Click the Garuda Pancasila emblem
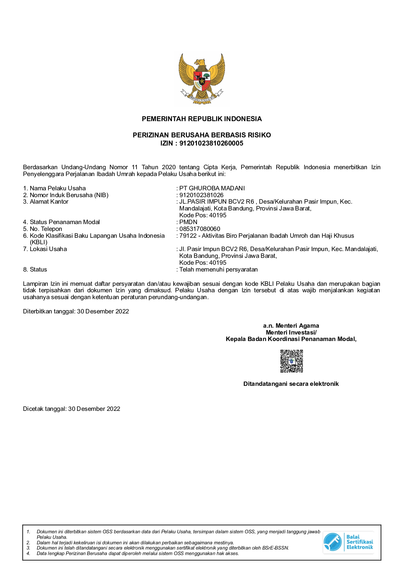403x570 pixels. pos(201,79)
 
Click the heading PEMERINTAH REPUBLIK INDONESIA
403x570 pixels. pos(201,119)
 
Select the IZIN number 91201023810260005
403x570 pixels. pos(211,144)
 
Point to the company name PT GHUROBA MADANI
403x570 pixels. pos(212,188)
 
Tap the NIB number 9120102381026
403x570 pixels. pos(201,195)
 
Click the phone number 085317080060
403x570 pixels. pos(200,229)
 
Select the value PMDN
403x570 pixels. pos(188,222)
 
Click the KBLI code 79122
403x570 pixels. pos(188,236)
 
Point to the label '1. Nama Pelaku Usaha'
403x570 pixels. pos(55,188)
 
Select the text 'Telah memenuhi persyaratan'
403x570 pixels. pos(218,270)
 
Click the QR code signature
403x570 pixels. pos(292,361)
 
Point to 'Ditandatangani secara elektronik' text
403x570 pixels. pos(291,384)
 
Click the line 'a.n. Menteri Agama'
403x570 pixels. pos(291,326)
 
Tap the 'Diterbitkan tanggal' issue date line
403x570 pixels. pos(76,311)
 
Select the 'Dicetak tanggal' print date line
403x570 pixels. pos(71,409)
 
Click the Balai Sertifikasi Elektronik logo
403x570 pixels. pos(348,542)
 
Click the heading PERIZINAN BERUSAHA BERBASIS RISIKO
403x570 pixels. pos(201,135)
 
